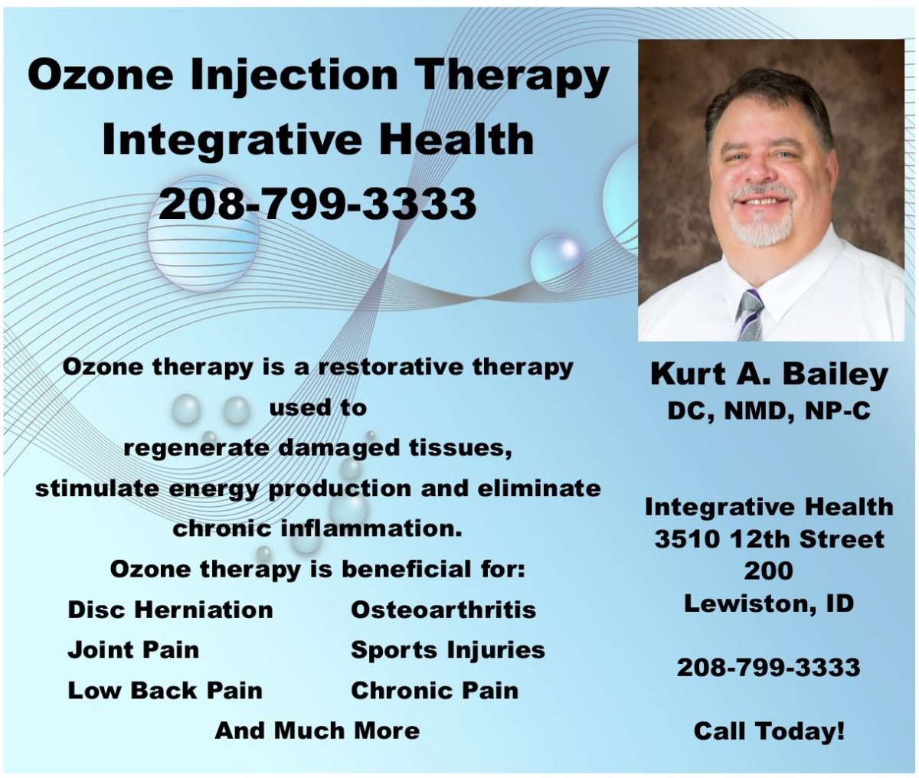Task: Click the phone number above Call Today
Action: [768, 667]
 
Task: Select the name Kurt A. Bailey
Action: [769, 375]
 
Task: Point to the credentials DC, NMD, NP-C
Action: [769, 410]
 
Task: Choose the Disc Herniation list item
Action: [170, 610]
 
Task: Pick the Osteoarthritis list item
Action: [443, 610]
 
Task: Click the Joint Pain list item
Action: [133, 650]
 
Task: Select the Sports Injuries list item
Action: [447, 650]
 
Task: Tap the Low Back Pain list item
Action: [165, 690]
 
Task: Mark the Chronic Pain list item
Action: [434, 690]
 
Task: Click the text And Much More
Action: [317, 730]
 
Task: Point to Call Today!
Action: [769, 731]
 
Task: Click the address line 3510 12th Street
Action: [769, 538]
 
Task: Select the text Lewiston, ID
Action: [769, 603]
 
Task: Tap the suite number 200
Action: [768, 570]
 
